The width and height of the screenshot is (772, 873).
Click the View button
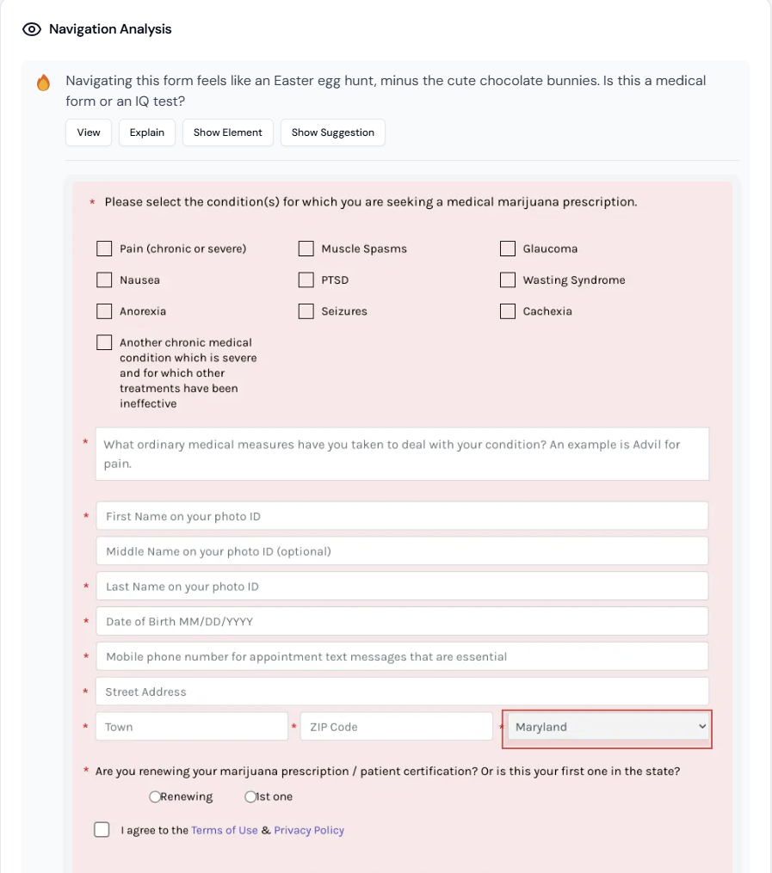(x=89, y=132)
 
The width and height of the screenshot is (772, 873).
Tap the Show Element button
(x=228, y=132)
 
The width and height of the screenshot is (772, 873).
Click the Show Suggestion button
(x=332, y=132)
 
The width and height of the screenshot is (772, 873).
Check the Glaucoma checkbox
(x=507, y=249)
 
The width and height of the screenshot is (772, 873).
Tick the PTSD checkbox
(x=306, y=280)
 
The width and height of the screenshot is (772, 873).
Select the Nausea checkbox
(x=104, y=280)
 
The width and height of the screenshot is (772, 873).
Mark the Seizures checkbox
(x=306, y=311)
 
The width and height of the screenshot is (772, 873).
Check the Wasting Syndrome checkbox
(x=507, y=280)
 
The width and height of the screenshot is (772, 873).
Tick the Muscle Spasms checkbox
(x=306, y=249)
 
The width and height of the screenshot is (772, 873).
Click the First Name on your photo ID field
(x=402, y=516)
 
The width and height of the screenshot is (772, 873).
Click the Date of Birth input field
(x=402, y=621)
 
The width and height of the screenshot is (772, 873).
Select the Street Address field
(x=402, y=692)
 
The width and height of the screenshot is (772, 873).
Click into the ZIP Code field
(x=396, y=727)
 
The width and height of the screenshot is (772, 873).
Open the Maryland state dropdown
(x=608, y=727)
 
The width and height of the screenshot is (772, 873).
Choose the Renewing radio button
(x=155, y=797)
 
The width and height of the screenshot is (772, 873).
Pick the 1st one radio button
(x=250, y=797)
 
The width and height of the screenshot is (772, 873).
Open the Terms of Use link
(x=225, y=830)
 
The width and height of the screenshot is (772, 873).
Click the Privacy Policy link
(x=309, y=830)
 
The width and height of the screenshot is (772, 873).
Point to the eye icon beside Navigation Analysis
(x=32, y=29)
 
